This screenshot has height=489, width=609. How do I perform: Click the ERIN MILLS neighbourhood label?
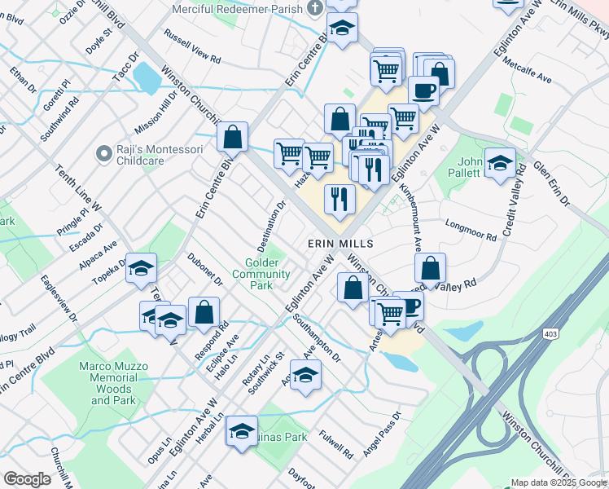point(340,244)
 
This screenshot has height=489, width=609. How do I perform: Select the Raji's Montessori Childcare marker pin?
point(103,153)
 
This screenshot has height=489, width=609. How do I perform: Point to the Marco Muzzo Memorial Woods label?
point(107,383)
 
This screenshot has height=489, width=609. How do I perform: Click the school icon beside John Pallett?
point(499,163)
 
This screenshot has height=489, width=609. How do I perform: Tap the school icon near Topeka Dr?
point(141,268)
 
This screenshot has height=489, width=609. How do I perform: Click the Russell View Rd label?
point(193,48)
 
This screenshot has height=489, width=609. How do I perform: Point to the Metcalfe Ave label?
point(528,71)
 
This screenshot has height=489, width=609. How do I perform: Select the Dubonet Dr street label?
point(205,269)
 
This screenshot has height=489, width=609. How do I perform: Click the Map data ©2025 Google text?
point(559,482)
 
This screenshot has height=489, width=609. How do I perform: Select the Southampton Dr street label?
point(319,335)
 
